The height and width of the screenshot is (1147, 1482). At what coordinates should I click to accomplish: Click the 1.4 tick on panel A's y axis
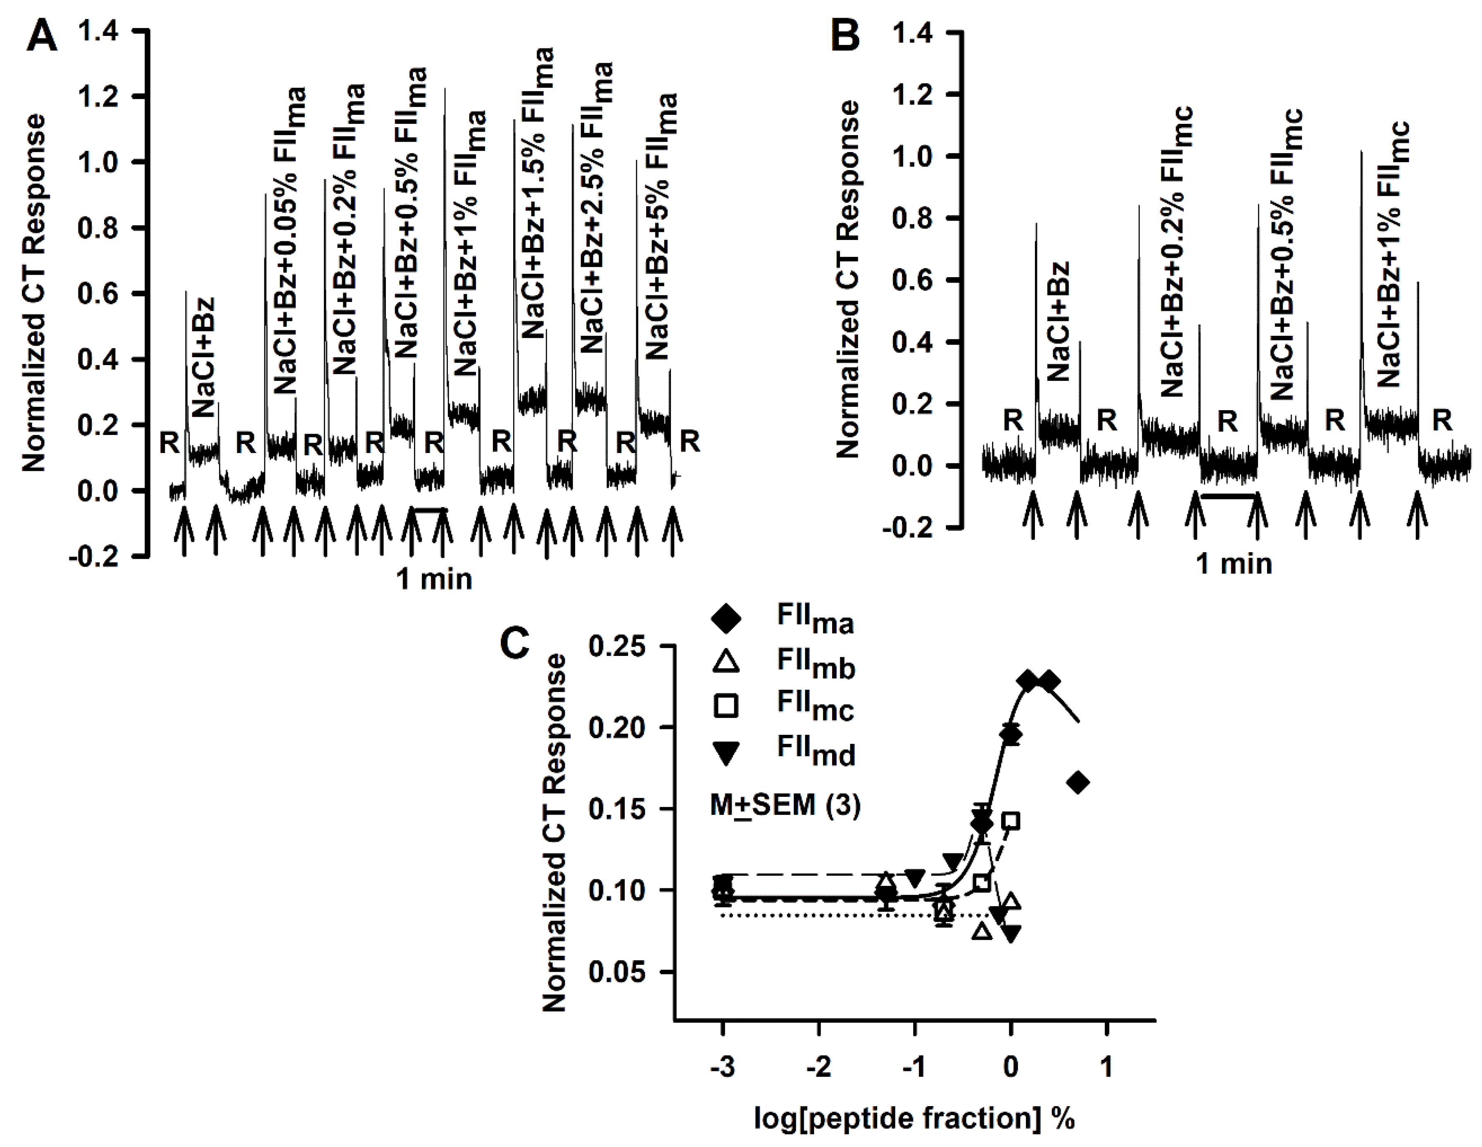[98, 31]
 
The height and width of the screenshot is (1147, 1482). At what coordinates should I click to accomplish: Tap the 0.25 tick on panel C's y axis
[616, 646]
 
